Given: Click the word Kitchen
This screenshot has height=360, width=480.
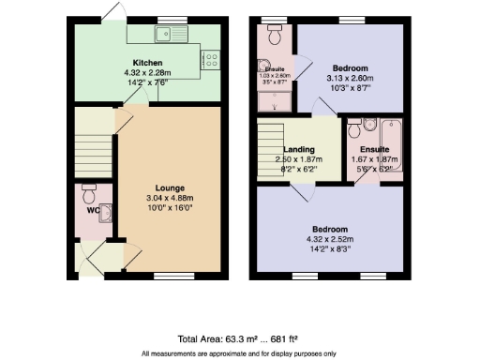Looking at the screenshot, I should [147, 63].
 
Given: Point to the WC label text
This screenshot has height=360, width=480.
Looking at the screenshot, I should [92, 210].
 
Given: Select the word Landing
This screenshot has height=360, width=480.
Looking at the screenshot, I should [300, 149].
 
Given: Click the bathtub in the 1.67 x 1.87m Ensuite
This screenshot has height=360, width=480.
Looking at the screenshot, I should [391, 145].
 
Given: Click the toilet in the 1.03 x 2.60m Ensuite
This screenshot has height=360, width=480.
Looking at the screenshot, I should [274, 37].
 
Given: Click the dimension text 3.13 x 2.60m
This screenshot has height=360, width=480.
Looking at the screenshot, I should [348, 78].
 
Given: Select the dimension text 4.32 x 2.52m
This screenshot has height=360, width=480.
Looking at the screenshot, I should [330, 240].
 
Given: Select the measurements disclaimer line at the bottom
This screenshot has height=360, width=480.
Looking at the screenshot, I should [238, 353].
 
